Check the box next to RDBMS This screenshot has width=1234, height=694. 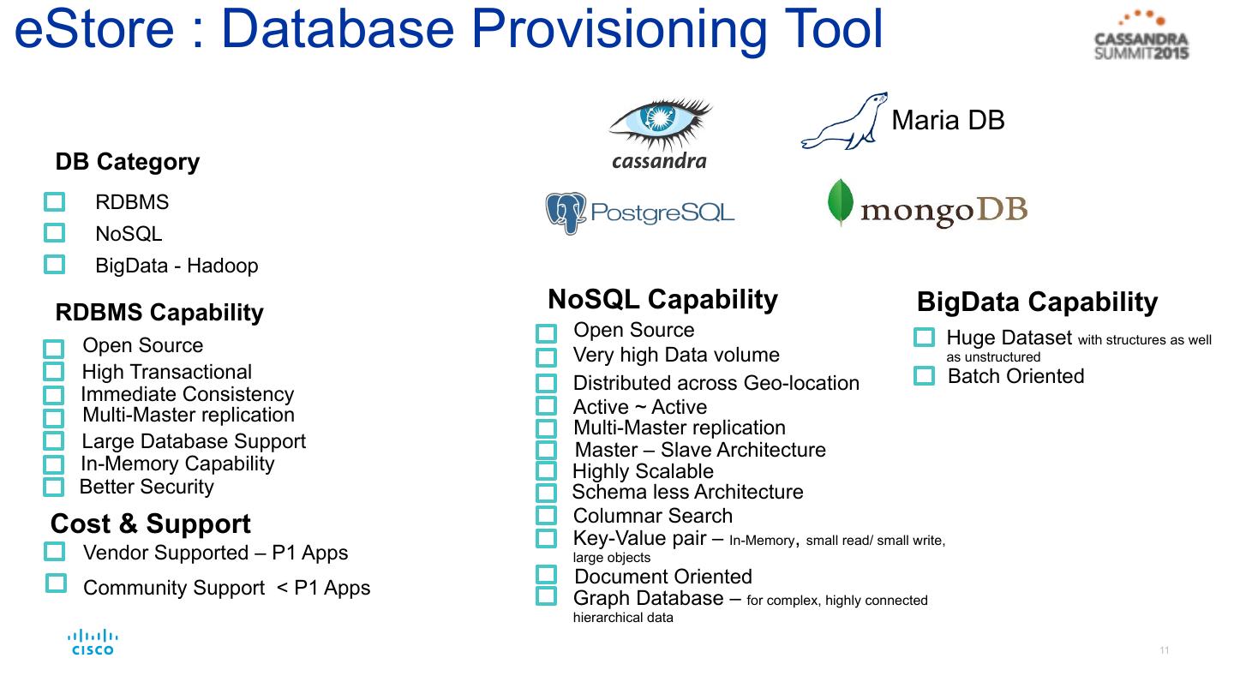click(54, 202)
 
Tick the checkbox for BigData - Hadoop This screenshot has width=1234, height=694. click(54, 265)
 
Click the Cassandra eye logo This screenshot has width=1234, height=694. click(660, 125)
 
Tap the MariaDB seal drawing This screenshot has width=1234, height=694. click(843, 123)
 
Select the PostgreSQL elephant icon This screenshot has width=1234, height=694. click(566, 212)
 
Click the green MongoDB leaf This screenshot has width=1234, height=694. click(840, 202)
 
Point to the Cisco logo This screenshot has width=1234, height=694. click(93, 643)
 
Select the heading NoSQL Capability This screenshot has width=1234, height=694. click(662, 299)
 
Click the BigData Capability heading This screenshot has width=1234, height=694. click(1037, 302)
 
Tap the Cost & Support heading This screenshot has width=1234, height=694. click(151, 523)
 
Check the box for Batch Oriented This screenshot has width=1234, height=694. click(924, 375)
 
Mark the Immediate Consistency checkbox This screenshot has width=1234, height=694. click(53, 395)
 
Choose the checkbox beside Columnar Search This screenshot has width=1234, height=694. click(546, 516)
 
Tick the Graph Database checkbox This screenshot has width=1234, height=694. click(546, 596)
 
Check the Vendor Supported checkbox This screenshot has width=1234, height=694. click(54, 552)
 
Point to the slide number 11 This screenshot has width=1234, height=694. click(1165, 650)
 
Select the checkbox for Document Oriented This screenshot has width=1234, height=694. click(546, 575)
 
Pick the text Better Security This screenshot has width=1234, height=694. click(147, 487)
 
